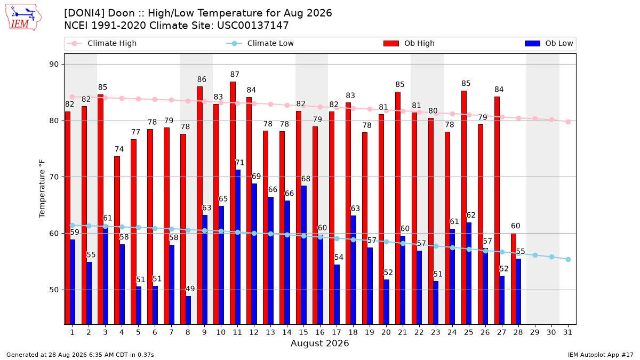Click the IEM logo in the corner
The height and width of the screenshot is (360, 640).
(x=23, y=18)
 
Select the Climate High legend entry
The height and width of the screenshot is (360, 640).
(x=101, y=43)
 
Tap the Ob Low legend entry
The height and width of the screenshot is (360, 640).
(x=549, y=43)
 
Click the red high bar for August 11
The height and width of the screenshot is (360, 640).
(x=233, y=203)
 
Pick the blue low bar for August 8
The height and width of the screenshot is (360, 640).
(x=188, y=310)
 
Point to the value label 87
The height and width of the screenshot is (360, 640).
(x=235, y=75)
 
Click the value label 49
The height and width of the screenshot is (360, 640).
(x=190, y=289)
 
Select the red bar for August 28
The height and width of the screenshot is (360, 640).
(x=514, y=279)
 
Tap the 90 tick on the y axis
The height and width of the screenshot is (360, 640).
(x=54, y=65)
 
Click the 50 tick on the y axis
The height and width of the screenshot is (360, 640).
(x=54, y=290)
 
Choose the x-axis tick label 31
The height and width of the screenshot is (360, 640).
(x=567, y=332)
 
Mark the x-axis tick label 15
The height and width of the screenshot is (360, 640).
(x=303, y=332)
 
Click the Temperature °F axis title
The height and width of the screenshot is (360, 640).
(x=42, y=189)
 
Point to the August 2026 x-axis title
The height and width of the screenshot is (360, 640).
(x=319, y=343)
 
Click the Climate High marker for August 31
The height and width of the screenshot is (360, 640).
(x=569, y=122)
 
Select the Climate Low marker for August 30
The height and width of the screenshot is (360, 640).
(x=551, y=257)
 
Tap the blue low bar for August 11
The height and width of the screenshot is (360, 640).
(x=238, y=247)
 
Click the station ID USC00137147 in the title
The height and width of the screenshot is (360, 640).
(x=253, y=26)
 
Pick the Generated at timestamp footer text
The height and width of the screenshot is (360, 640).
(x=80, y=355)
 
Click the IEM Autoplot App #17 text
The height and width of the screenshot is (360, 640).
(x=601, y=355)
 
